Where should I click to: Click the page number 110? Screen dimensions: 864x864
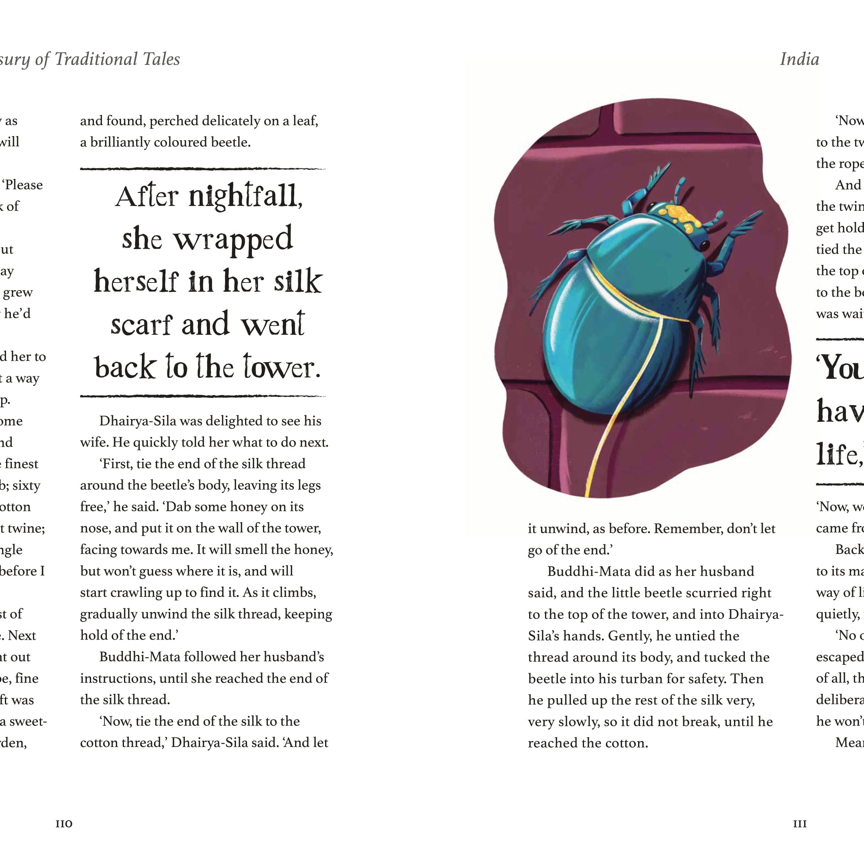pyautogui.click(x=64, y=824)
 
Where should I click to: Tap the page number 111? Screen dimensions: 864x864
pyautogui.click(x=800, y=824)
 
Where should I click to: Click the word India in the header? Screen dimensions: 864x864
pyautogui.click(x=800, y=59)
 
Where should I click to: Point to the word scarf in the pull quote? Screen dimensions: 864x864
pyautogui.click(x=141, y=324)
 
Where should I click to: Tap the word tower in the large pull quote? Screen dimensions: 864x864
pyautogui.click(x=282, y=367)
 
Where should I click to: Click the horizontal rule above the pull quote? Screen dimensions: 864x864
pyautogui.click(x=202, y=169)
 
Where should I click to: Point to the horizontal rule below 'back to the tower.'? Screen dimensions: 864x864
pyautogui.click(x=202, y=396)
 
